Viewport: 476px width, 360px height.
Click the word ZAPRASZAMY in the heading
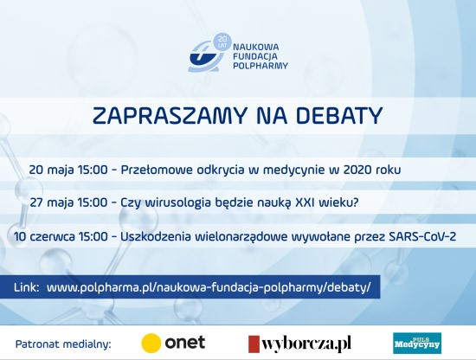[x=169, y=116]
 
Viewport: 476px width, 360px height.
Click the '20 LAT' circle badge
[x=222, y=42]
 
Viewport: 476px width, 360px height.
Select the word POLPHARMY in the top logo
[x=261, y=66]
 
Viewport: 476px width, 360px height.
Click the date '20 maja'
[x=51, y=170]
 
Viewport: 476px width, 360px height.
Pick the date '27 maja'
[x=52, y=202]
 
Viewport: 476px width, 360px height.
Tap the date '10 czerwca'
[x=44, y=237]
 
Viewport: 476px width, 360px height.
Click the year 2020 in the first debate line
[x=357, y=170]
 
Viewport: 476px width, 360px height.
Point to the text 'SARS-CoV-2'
[x=422, y=237]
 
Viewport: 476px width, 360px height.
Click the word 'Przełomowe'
[x=157, y=170]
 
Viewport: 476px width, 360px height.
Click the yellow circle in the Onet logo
[x=151, y=343]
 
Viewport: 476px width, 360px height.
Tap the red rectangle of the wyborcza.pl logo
[x=254, y=344]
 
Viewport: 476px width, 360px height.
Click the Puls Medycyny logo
[x=417, y=344]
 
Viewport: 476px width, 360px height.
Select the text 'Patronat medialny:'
[x=63, y=344]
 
